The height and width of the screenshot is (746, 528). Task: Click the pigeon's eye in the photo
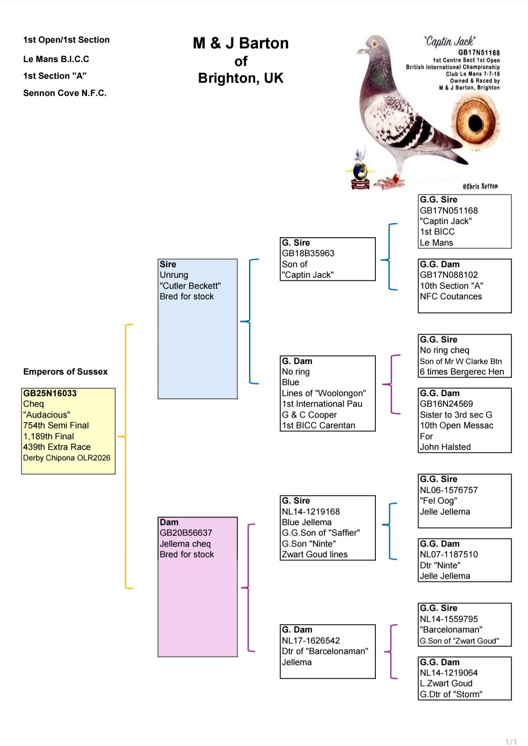click(374, 44)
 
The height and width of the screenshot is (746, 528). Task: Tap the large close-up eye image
click(475, 122)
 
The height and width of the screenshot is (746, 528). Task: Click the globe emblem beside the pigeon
click(360, 172)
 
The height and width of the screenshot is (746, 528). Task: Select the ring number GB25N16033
click(50, 393)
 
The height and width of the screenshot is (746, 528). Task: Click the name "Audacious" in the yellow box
click(47, 415)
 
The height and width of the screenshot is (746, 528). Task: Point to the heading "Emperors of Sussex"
click(65, 371)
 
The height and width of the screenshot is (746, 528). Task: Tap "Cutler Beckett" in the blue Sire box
click(190, 286)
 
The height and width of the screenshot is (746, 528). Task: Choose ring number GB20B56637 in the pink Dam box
click(186, 533)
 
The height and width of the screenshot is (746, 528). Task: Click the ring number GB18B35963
click(308, 254)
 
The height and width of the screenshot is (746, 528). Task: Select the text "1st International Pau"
click(322, 404)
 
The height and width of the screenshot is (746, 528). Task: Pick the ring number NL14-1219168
click(311, 511)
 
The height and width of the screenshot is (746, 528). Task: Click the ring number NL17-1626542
click(311, 640)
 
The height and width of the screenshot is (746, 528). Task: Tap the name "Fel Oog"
click(438, 501)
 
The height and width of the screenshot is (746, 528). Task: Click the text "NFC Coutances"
click(451, 296)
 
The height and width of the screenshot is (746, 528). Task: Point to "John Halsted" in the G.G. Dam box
click(445, 447)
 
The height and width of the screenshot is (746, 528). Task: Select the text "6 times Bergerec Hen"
click(462, 371)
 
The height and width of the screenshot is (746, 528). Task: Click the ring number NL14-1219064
click(448, 673)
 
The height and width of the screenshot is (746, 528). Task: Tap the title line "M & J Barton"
click(241, 43)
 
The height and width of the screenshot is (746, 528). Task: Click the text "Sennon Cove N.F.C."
click(65, 93)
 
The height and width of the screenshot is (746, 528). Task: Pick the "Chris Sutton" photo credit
click(480, 186)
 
